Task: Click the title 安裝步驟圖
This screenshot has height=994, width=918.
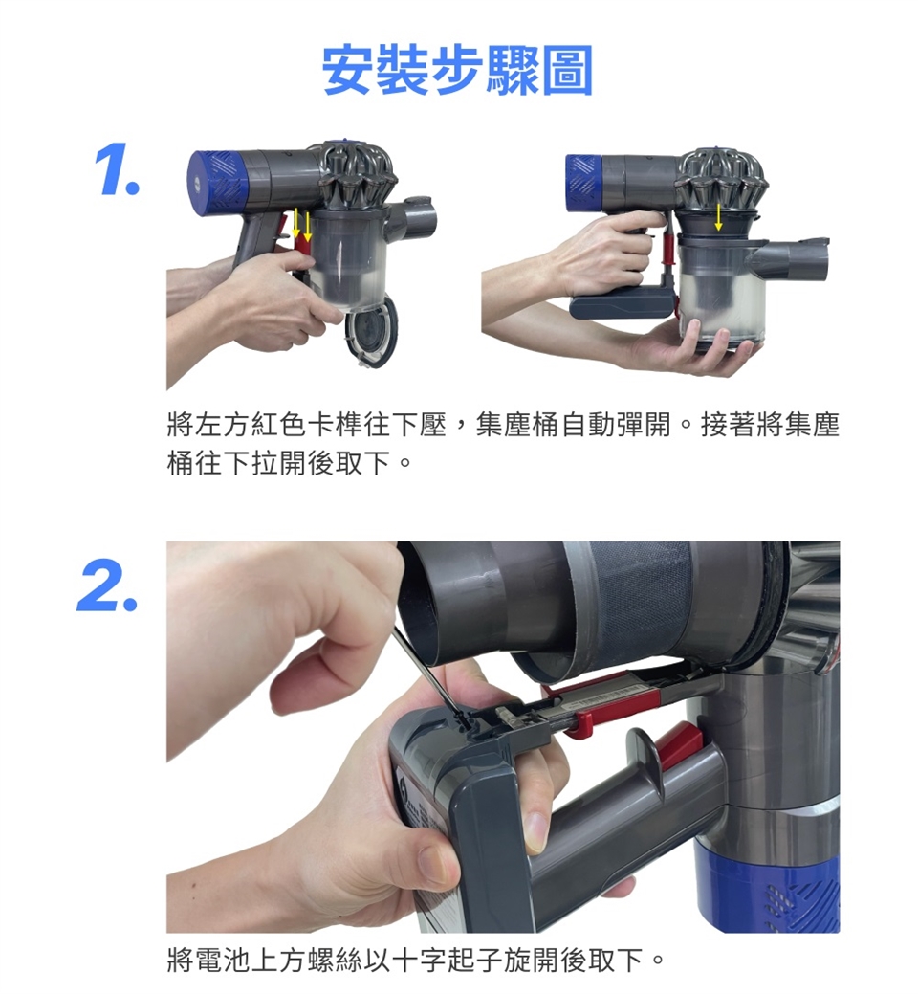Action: tap(457, 70)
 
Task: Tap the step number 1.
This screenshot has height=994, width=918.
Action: tap(118, 170)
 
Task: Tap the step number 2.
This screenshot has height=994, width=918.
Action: tap(108, 587)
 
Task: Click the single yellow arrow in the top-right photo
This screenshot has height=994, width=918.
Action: tap(718, 217)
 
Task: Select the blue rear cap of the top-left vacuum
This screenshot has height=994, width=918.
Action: tap(216, 183)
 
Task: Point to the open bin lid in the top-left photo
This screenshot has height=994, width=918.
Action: tap(373, 332)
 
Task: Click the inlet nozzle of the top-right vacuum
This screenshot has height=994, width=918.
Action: tap(795, 257)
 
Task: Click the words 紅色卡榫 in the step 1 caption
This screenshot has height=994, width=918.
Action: tap(306, 426)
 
